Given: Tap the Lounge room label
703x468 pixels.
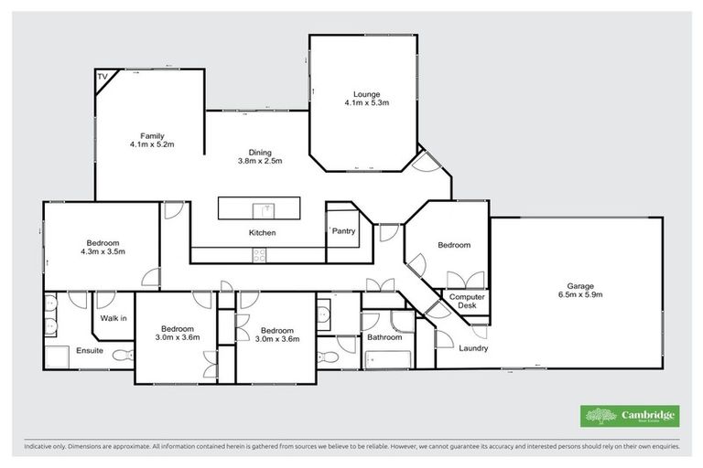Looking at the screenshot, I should [366, 92].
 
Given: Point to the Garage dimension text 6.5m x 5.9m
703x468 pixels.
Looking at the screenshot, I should [580, 295].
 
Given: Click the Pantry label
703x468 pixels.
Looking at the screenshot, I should [344, 231].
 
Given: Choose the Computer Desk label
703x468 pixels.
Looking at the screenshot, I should [467, 303].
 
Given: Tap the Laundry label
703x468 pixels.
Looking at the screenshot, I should [473, 348].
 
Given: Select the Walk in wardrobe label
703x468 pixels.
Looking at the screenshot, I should [114, 318].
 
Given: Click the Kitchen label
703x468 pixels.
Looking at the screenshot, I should [262, 233].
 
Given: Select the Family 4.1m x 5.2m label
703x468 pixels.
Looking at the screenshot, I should [152, 140].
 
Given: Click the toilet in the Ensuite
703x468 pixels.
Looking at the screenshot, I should [120, 355].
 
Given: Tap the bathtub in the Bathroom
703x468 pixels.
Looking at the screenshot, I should [384, 358].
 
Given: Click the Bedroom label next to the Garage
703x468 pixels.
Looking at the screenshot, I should [453, 245].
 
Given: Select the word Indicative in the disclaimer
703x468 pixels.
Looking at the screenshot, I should [39, 446].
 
